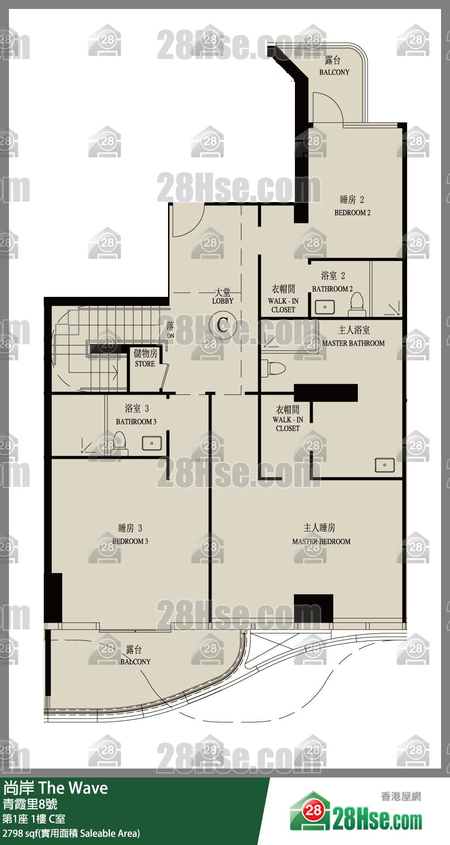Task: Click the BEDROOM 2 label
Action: (353, 213)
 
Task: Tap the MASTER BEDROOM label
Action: (321, 541)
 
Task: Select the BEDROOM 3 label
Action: (130, 541)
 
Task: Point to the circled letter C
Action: (223, 325)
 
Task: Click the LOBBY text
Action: (223, 301)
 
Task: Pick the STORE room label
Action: (145, 364)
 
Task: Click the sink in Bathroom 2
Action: (325, 307)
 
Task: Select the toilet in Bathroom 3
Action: (119, 443)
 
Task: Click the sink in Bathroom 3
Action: (152, 443)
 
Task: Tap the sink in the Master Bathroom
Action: (385, 465)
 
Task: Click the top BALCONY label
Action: (334, 72)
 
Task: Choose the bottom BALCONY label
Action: (135, 662)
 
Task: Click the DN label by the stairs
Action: (171, 336)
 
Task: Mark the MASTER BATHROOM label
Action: (353, 343)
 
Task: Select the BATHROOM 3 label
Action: (136, 422)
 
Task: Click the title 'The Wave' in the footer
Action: (73, 788)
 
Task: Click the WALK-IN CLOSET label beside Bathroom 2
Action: (283, 299)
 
